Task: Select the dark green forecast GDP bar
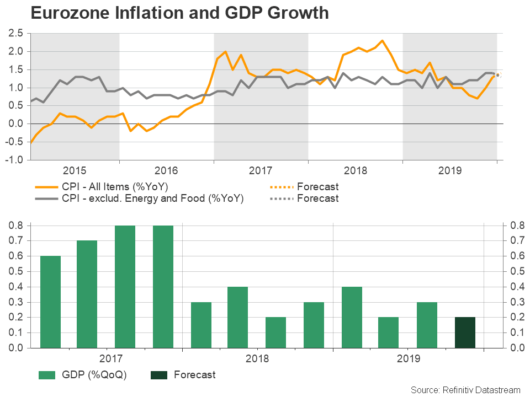point(465,332)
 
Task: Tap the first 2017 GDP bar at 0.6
point(50,302)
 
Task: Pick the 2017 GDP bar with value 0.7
point(87,294)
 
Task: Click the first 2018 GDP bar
point(201,325)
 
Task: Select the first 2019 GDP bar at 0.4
point(352,317)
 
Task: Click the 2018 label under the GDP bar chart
point(257,359)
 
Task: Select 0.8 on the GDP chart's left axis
point(15,226)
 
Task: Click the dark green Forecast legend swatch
point(159,375)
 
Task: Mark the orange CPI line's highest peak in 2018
point(382,41)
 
